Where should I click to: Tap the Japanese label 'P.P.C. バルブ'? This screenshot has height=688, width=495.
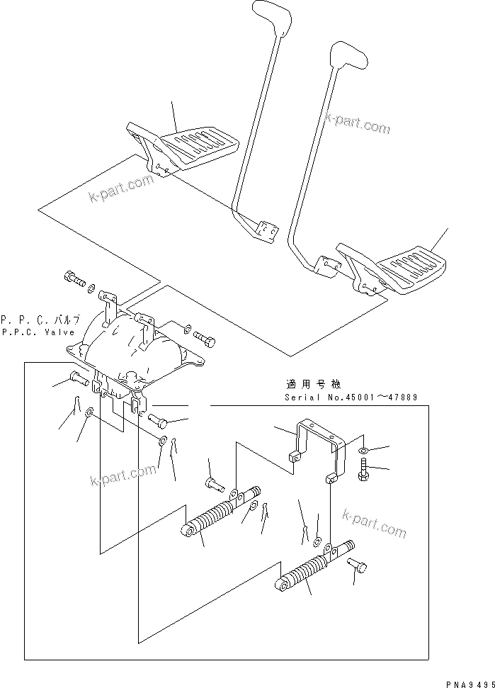[40, 319]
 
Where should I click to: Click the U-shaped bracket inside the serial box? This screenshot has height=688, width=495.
[319, 446]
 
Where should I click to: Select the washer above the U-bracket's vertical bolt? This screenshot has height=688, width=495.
[363, 451]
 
